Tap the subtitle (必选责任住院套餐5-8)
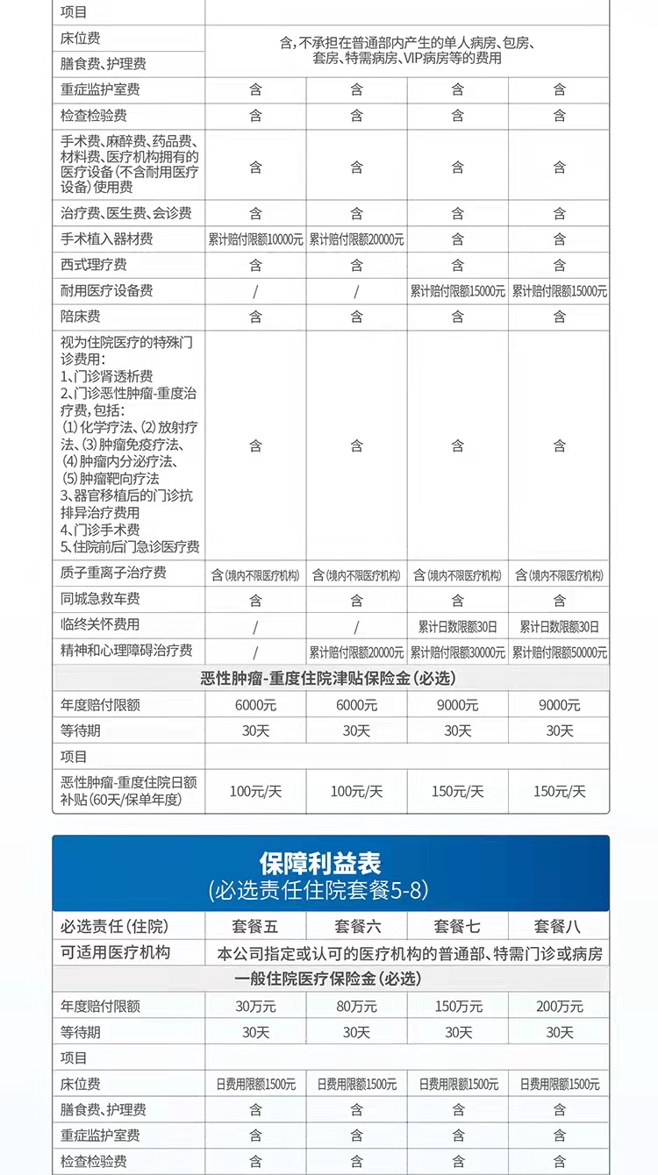pos(319,891)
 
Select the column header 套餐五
pos(255,926)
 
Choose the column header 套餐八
pos(559,926)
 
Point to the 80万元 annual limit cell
pos(356,1007)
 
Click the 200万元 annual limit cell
pos(559,1007)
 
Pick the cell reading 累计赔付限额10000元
pos(255,239)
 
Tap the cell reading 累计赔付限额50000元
pos(559,652)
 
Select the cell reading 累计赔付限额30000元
pos(457,652)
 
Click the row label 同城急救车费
pos(100,600)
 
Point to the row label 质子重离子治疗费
pos(113,573)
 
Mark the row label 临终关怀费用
pos(100,625)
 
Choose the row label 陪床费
pos(81,317)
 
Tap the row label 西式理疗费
pos(94,265)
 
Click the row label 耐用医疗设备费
pos(107,291)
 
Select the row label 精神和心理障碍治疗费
pos(126,652)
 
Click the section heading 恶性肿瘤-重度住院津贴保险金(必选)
pos(328,678)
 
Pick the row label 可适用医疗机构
pos(115,952)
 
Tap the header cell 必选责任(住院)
pos(114,926)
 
